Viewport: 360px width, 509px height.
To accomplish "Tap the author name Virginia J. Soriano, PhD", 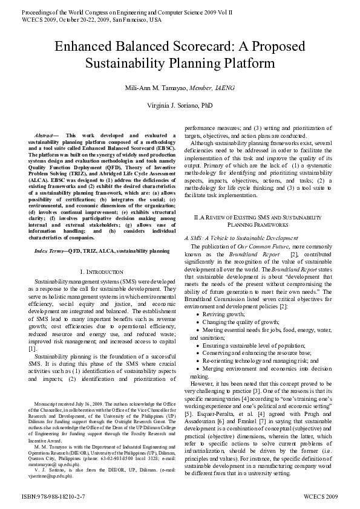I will [x=180, y=105].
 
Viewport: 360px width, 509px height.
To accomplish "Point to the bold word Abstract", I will [x=45, y=137].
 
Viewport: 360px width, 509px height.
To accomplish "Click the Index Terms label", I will [x=50, y=250].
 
